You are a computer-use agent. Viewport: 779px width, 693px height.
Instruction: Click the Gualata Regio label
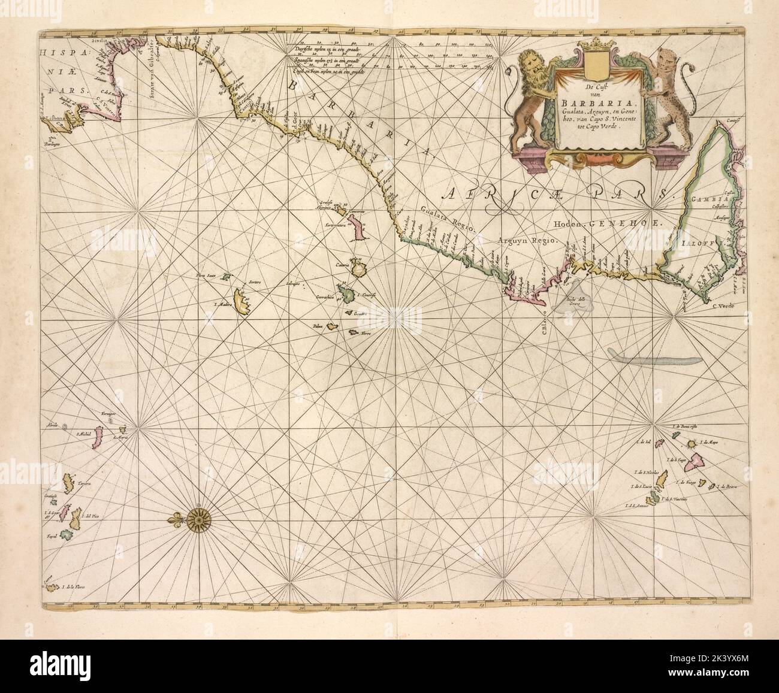point(447,219)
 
